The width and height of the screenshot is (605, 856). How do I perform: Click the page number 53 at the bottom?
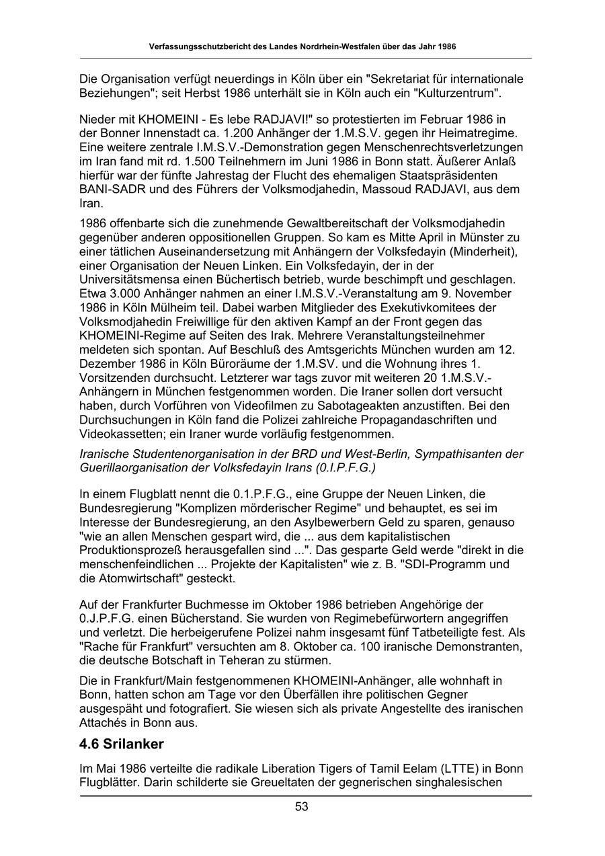point(302,806)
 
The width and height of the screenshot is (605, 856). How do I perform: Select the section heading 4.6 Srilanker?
point(122,745)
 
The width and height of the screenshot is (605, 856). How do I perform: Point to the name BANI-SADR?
point(111,189)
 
